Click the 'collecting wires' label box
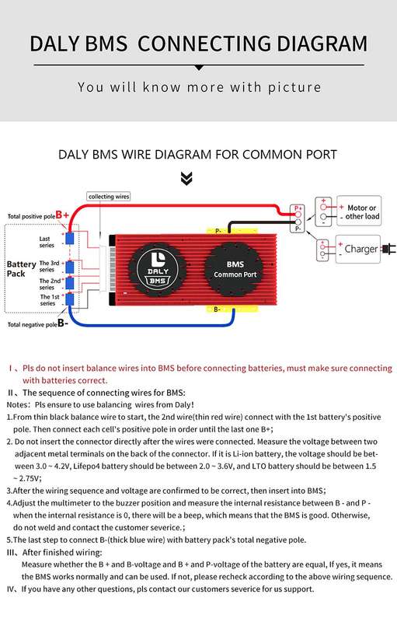click(x=109, y=197)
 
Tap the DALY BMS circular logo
click(x=158, y=271)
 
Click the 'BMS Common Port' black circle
click(x=235, y=269)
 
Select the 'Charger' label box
click(x=358, y=249)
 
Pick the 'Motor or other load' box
click(x=359, y=211)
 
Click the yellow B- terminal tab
click(x=232, y=309)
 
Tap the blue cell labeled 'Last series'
click(x=70, y=239)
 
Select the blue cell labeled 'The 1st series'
click(x=70, y=299)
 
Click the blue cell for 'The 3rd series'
click(x=70, y=267)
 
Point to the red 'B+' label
click(x=62, y=215)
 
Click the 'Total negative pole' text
click(x=33, y=324)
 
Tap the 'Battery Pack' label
click(x=22, y=269)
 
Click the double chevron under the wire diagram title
click(x=186, y=179)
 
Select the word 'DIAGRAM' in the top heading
click(x=322, y=44)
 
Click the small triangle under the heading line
click(x=199, y=68)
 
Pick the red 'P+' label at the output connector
click(x=298, y=208)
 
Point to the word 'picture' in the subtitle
click(x=294, y=87)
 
